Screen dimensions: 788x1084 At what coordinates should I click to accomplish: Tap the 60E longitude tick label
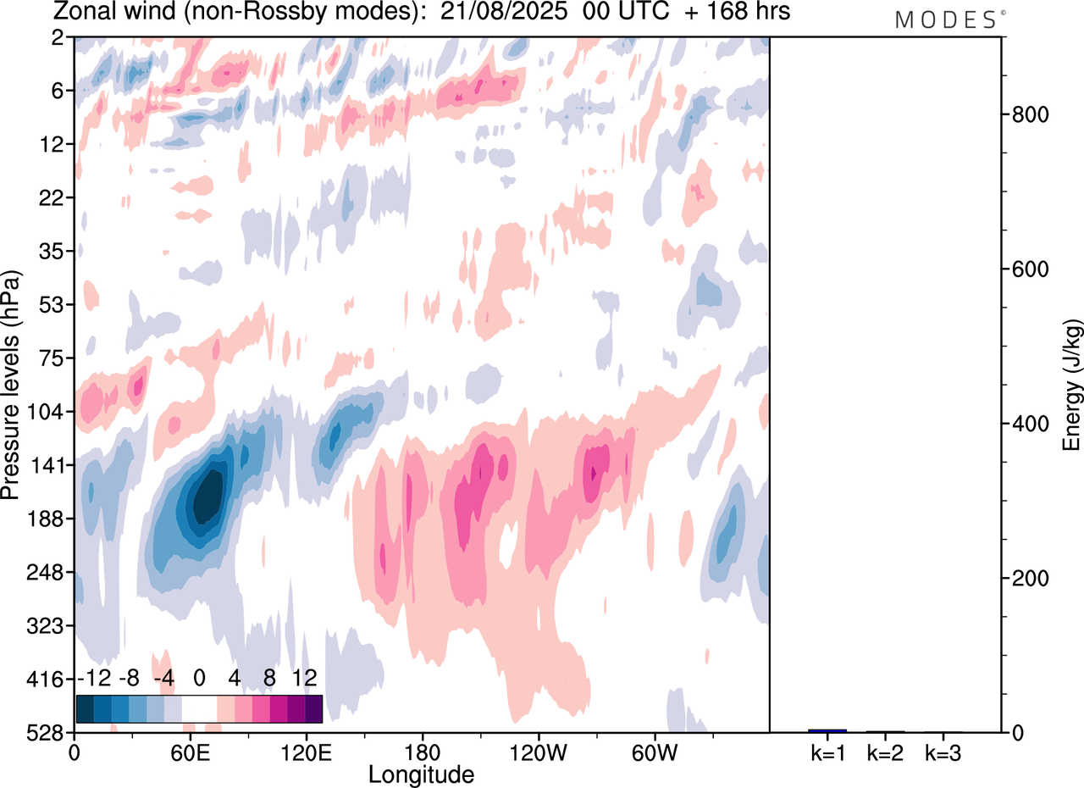pyautogui.click(x=190, y=752)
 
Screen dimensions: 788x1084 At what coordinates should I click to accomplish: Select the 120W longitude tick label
pyautogui.click(x=539, y=752)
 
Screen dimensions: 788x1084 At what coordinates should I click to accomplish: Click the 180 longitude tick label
pyautogui.click(x=423, y=752)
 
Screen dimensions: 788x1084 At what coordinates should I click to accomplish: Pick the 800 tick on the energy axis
pyautogui.click(x=1028, y=114)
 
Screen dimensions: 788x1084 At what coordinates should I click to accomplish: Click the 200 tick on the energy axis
pyautogui.click(x=1028, y=578)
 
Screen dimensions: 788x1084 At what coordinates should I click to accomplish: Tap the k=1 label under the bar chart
pyautogui.click(x=827, y=752)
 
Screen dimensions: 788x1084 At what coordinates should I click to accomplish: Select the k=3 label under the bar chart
pyautogui.click(x=943, y=752)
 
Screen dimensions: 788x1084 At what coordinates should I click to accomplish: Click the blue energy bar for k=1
pyautogui.click(x=827, y=730)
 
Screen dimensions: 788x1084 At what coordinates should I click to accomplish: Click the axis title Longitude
pyautogui.click(x=421, y=774)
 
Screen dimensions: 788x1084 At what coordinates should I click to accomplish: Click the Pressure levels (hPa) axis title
pyautogui.click(x=11, y=385)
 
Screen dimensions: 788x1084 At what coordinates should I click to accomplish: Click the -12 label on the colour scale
pyautogui.click(x=93, y=678)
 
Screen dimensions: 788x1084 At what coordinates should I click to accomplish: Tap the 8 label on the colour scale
pyautogui.click(x=269, y=678)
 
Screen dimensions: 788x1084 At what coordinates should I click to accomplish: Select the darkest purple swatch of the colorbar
pyautogui.click(x=313, y=708)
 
